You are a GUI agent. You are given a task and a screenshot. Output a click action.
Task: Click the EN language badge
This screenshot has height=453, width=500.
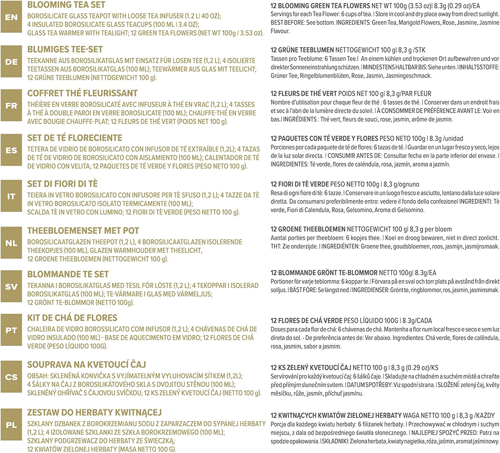coord(11,17)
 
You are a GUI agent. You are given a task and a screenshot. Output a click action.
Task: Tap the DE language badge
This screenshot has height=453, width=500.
coord(11,62)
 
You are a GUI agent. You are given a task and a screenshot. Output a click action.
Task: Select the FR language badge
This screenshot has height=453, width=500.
coord(11,105)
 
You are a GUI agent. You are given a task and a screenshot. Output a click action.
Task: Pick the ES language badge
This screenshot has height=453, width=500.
coord(11,150)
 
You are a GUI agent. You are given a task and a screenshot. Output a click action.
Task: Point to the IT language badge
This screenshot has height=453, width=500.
coord(11,196)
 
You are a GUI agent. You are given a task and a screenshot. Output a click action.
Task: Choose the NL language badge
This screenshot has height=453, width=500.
coord(11,243)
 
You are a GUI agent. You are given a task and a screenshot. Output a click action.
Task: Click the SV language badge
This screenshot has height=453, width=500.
coord(11,287)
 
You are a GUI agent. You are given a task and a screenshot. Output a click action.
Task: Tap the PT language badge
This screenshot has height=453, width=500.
coord(11,330)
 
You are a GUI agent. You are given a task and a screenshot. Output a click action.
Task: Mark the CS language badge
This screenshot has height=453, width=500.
coord(11,377)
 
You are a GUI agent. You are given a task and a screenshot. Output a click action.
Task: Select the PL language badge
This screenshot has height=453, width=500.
coord(11,425)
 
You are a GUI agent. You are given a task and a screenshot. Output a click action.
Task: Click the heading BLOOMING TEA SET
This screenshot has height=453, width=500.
coord(66,5)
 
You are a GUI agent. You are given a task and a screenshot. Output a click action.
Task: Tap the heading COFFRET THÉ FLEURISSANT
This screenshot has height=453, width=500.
coord(82,93)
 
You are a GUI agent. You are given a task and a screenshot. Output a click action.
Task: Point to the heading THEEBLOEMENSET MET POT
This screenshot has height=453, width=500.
coord(83,231)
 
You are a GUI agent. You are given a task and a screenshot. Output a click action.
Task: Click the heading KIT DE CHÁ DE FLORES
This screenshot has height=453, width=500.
coord(72,318)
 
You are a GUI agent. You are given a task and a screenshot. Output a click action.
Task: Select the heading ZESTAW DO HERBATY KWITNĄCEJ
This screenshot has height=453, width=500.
coord(94,412)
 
